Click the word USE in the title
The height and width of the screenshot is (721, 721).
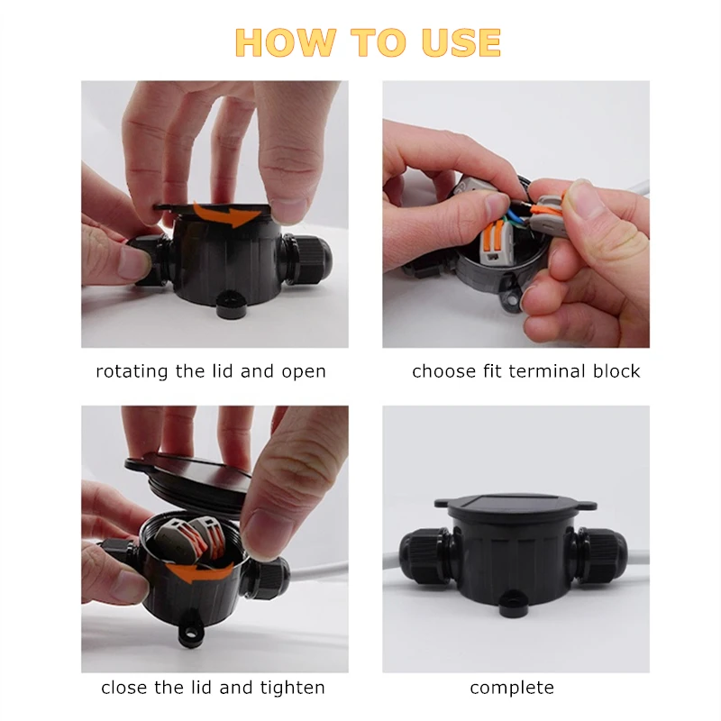click(461, 43)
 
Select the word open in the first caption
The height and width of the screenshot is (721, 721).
click(304, 371)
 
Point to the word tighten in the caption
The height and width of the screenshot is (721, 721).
click(292, 688)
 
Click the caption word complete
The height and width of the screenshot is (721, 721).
click(512, 688)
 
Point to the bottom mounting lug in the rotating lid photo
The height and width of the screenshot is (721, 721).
click(232, 306)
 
